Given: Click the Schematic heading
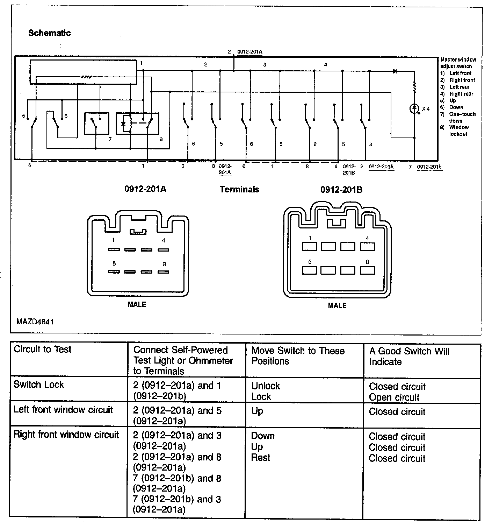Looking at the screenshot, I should [49, 33].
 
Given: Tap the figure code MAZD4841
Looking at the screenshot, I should [35, 322].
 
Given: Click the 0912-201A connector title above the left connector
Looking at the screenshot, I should [145, 189].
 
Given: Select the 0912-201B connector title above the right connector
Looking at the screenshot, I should [341, 190].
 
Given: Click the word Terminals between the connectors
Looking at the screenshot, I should [239, 190].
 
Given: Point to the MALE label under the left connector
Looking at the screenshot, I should [137, 304].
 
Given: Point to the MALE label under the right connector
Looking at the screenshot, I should [337, 305].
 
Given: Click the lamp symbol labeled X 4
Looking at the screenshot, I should [414, 108].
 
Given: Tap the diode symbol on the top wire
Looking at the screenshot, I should [395, 71].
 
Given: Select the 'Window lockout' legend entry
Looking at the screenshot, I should [458, 131].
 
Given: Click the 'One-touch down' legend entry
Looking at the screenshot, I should [462, 117].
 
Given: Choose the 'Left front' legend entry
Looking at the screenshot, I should [460, 73].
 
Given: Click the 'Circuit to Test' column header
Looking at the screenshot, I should [42, 350].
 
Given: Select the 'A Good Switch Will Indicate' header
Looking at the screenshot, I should [409, 356].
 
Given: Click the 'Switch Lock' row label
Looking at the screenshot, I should [39, 385].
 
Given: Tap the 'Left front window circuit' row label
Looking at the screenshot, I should [63, 410].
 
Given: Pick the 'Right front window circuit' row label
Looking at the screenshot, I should [66, 435].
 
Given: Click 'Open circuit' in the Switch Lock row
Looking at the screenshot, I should [394, 397].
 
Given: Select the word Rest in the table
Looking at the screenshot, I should [261, 458].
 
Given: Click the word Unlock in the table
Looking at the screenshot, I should [266, 386].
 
